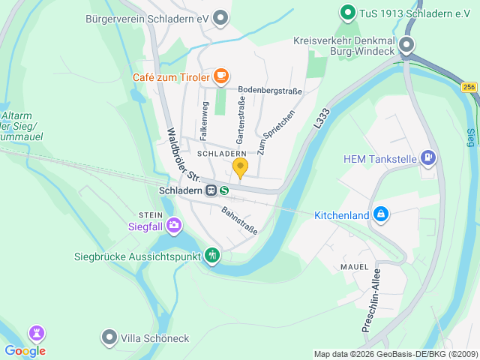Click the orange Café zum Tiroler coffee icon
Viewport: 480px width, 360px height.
[x=220, y=76]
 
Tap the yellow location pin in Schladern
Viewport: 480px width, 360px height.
[x=240, y=167]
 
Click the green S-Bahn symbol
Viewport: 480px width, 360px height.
[x=224, y=191]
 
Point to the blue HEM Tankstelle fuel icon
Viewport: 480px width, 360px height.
[x=428, y=158]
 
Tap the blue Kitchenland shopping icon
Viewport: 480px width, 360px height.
[x=381, y=215]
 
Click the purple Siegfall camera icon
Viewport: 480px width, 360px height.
[x=174, y=224]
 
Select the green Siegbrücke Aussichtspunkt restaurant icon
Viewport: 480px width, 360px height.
[x=212, y=256]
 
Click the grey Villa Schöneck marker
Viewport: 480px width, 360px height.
[x=109, y=338]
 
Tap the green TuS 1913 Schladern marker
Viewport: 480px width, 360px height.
[x=347, y=12]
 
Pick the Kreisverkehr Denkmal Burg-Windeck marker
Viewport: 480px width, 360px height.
[x=406, y=45]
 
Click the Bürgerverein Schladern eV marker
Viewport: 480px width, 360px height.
[x=220, y=17]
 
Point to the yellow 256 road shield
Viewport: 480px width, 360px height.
[x=469, y=88]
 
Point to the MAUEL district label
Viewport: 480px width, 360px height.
[x=354, y=266]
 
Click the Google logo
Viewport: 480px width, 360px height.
[x=25, y=351]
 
